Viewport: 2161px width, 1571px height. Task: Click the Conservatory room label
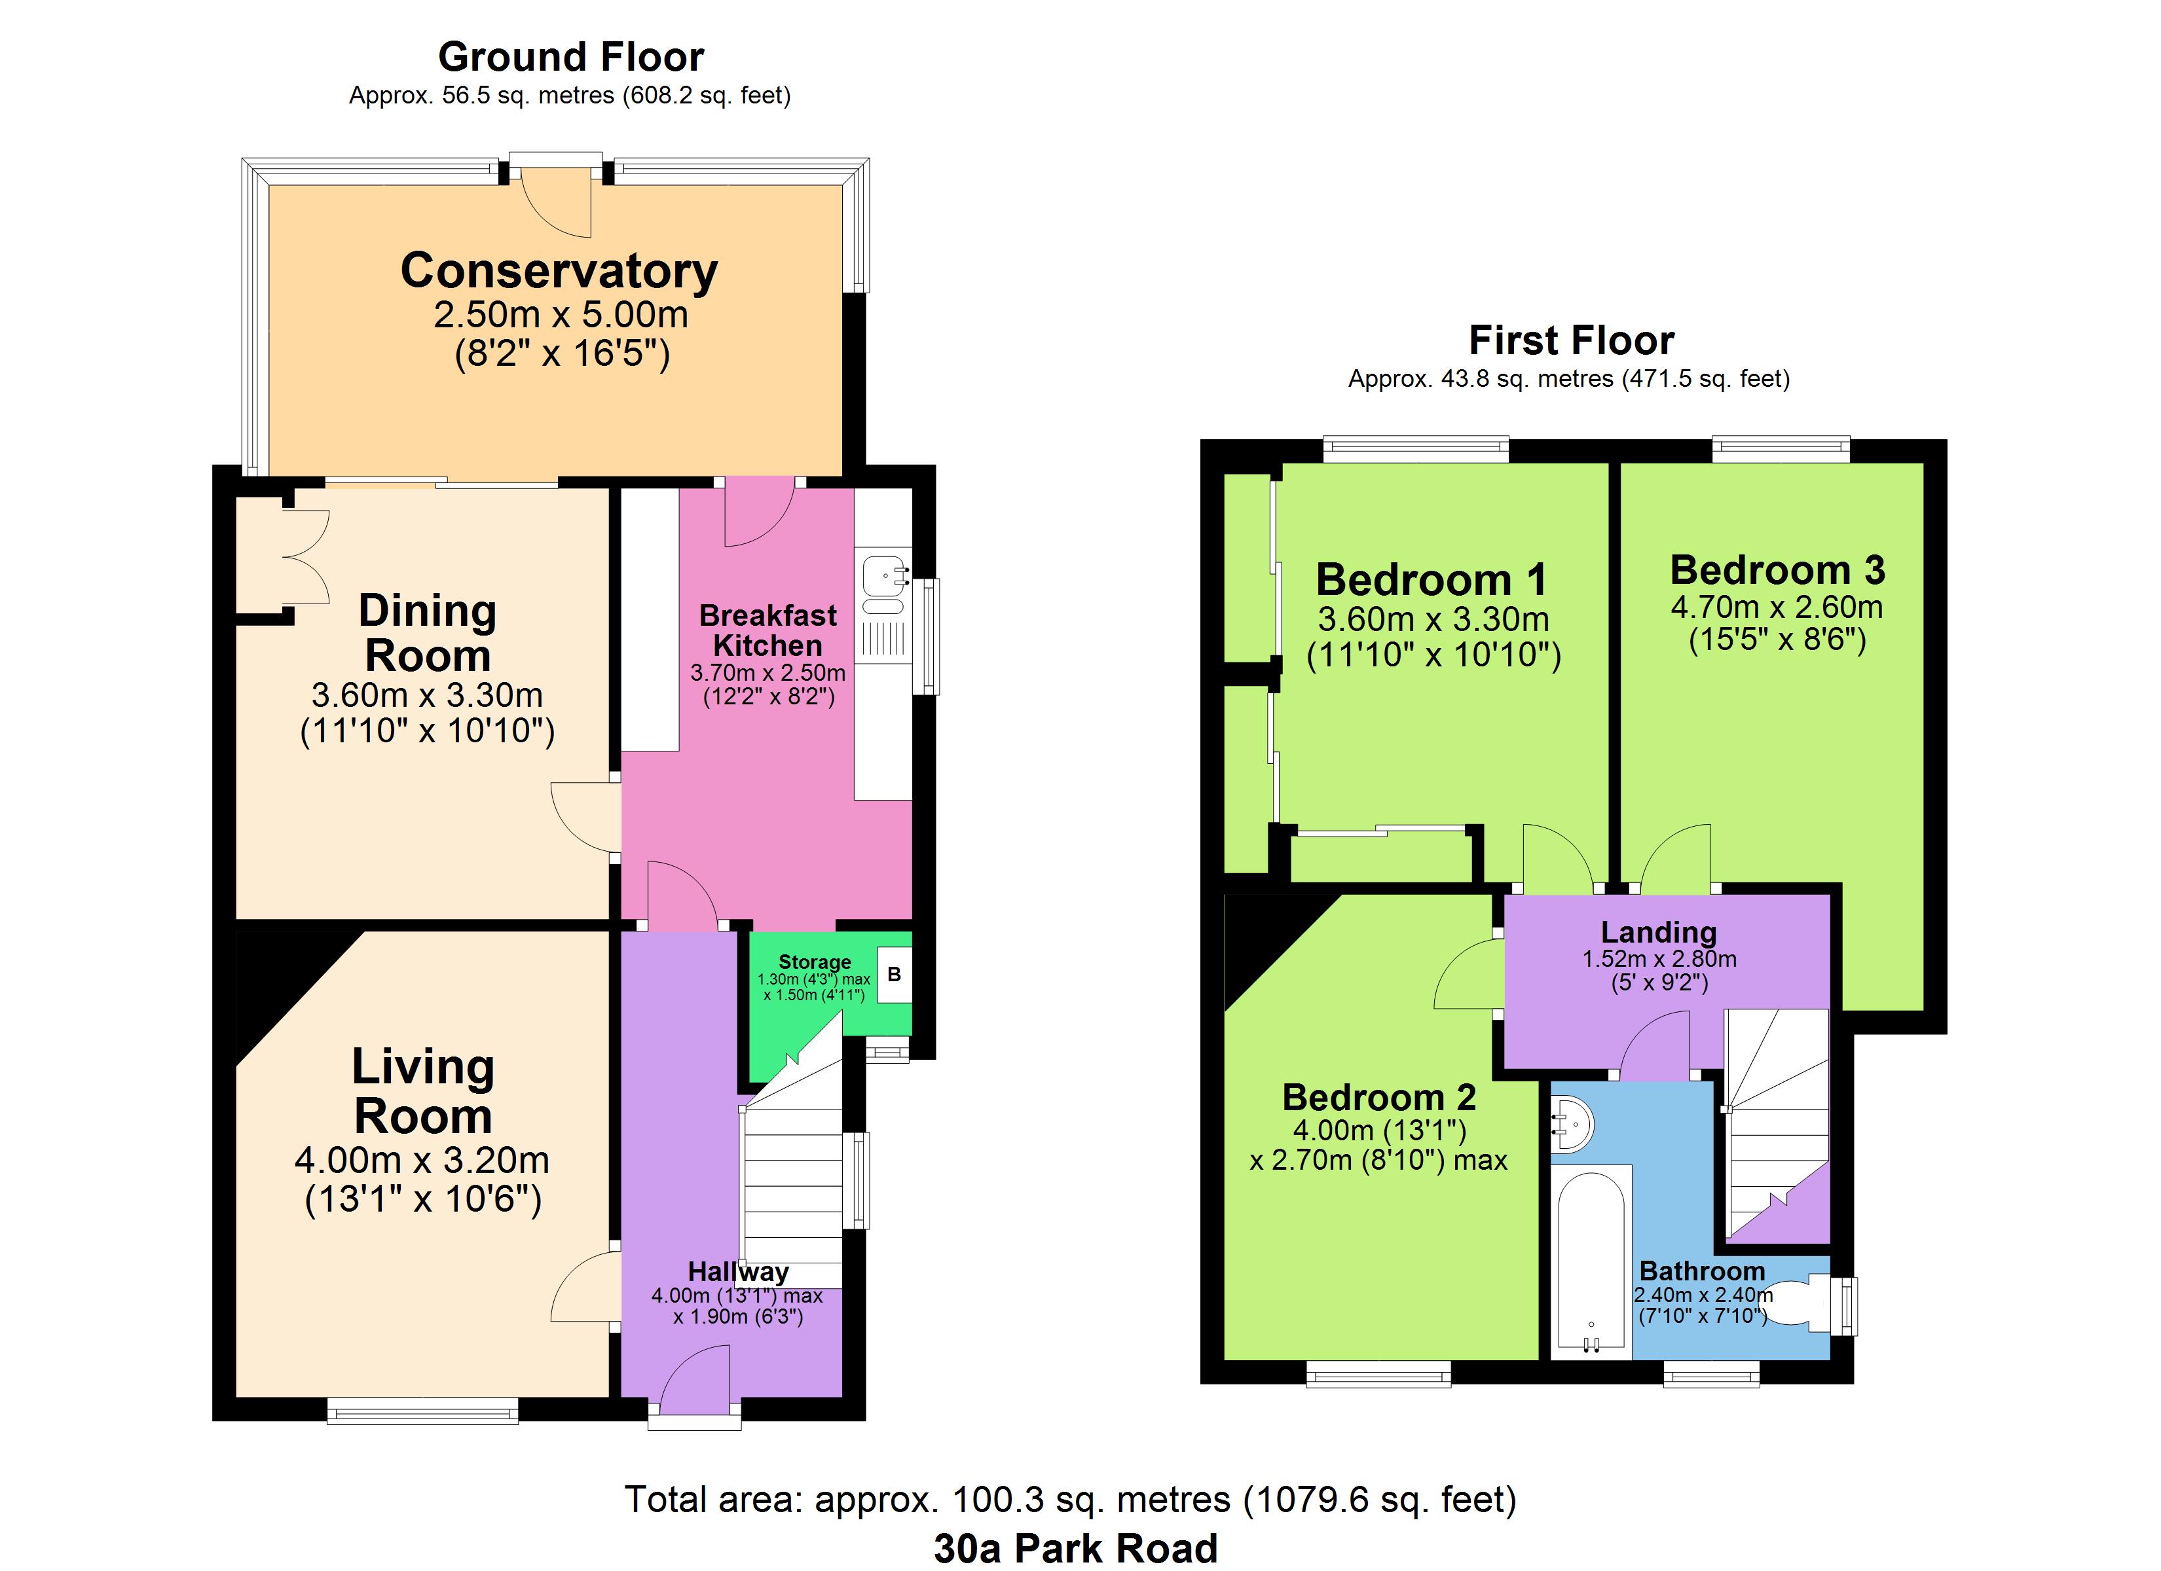coord(559,272)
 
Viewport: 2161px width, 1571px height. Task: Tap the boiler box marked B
coord(894,975)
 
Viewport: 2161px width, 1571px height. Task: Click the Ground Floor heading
coord(571,57)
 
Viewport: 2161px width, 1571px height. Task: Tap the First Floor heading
coord(1571,340)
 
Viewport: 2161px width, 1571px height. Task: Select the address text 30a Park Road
coord(1076,1548)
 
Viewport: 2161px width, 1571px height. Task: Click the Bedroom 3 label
coord(1777,569)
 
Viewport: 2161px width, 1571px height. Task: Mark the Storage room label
coord(815,962)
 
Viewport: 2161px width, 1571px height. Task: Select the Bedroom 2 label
coord(1378,1098)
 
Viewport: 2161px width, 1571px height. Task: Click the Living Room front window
coord(423,1410)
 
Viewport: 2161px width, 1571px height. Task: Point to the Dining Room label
coord(427,632)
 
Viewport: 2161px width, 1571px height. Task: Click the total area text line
coord(1070,1500)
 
